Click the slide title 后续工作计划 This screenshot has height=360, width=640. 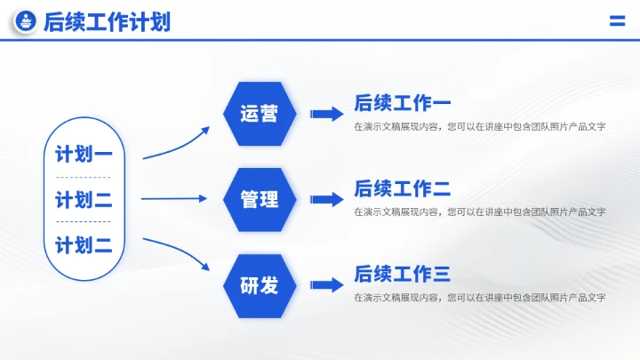click(107, 22)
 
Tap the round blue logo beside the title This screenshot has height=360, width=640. click(26, 22)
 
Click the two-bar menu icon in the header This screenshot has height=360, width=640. click(616, 22)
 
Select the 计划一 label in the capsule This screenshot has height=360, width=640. click(84, 154)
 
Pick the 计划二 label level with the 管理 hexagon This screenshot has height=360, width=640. click(84, 199)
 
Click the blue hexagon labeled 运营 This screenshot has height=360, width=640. click(259, 114)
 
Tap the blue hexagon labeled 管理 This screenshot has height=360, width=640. click(259, 199)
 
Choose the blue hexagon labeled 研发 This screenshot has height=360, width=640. click(259, 285)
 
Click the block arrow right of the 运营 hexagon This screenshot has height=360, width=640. click(326, 114)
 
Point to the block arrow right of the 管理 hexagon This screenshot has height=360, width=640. click(326, 199)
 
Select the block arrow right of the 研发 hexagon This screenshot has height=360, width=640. click(326, 285)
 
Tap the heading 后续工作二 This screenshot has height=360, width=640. click(402, 188)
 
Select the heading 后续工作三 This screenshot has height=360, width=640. click(402, 274)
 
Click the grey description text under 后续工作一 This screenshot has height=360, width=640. click(479, 126)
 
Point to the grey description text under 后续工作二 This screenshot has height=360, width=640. click(479, 212)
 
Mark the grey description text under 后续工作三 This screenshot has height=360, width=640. click(479, 297)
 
